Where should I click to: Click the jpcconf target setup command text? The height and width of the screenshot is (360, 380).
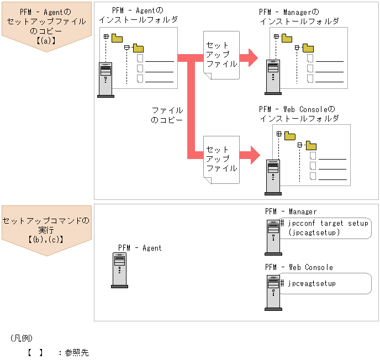(324, 223)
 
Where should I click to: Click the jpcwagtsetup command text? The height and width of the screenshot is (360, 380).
(312, 283)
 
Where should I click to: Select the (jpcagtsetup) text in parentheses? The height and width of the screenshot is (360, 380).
(314, 232)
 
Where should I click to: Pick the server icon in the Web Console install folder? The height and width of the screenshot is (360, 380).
(272, 176)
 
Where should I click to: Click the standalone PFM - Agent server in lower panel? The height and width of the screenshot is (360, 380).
(119, 271)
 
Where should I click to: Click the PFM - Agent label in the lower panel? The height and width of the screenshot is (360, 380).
(140, 248)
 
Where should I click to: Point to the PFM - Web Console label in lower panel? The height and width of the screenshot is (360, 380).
(299, 267)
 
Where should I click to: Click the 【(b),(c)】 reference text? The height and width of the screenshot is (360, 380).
(46, 239)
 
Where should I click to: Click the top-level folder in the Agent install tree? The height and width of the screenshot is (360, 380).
(117, 38)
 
